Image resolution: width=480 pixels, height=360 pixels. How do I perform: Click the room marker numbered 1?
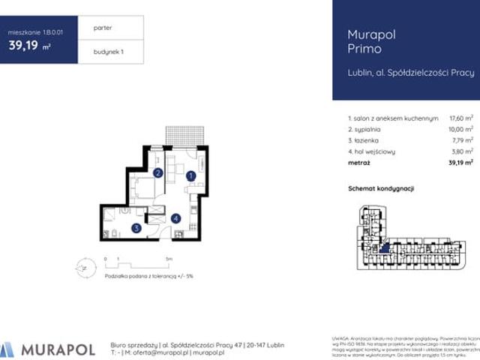click(x=190, y=176)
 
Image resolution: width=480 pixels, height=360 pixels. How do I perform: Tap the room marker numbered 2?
click(x=158, y=173)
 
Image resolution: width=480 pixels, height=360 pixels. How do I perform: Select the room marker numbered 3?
click(x=136, y=228)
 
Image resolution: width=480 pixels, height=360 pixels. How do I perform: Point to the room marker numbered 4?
click(x=175, y=218)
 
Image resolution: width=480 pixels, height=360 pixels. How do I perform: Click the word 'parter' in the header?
click(x=103, y=28)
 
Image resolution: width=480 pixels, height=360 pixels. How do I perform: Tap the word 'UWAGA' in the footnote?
click(x=340, y=339)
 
